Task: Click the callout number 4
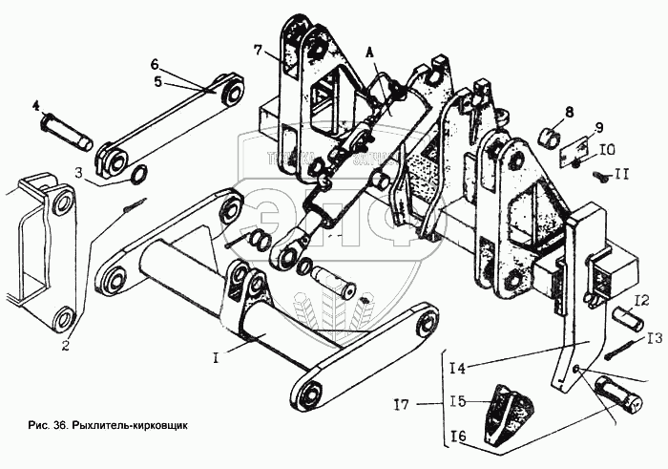tap(37, 104)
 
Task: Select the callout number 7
tap(259, 49)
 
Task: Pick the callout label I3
tap(654, 338)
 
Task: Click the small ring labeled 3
tap(136, 174)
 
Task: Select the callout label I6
tap(458, 437)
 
